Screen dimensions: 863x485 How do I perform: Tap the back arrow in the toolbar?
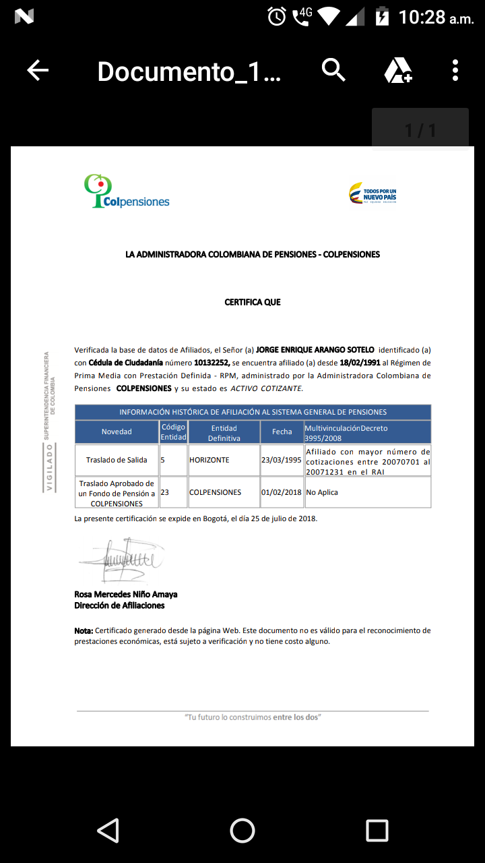click(38, 70)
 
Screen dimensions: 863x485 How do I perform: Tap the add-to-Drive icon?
click(398, 70)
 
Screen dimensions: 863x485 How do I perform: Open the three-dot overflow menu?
click(455, 70)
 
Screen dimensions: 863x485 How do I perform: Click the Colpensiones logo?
click(127, 191)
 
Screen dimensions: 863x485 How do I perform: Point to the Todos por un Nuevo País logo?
click(373, 194)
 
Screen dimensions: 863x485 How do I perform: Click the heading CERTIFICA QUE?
click(253, 303)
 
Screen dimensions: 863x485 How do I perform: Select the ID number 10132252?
click(212, 363)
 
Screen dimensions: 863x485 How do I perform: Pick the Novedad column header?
click(117, 431)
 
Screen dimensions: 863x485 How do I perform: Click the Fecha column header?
click(282, 431)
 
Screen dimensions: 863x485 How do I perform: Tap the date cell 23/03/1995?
click(282, 460)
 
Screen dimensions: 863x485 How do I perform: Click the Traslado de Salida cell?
click(117, 460)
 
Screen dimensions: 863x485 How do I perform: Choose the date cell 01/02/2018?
click(282, 492)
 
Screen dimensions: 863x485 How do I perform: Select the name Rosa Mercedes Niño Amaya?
click(126, 595)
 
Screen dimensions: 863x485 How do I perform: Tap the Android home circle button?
click(243, 830)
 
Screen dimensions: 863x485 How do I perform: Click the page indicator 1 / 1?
click(420, 129)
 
